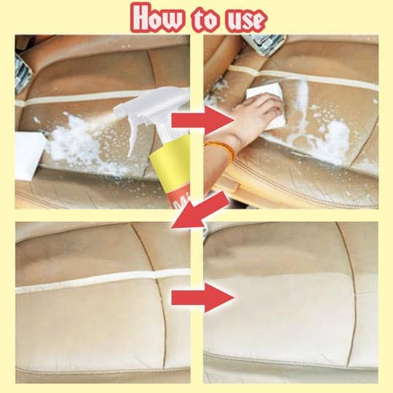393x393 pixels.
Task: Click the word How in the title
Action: pos(159,18)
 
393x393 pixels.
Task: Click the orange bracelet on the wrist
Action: pos(221,148)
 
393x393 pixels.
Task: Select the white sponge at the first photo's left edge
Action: pos(30,156)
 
